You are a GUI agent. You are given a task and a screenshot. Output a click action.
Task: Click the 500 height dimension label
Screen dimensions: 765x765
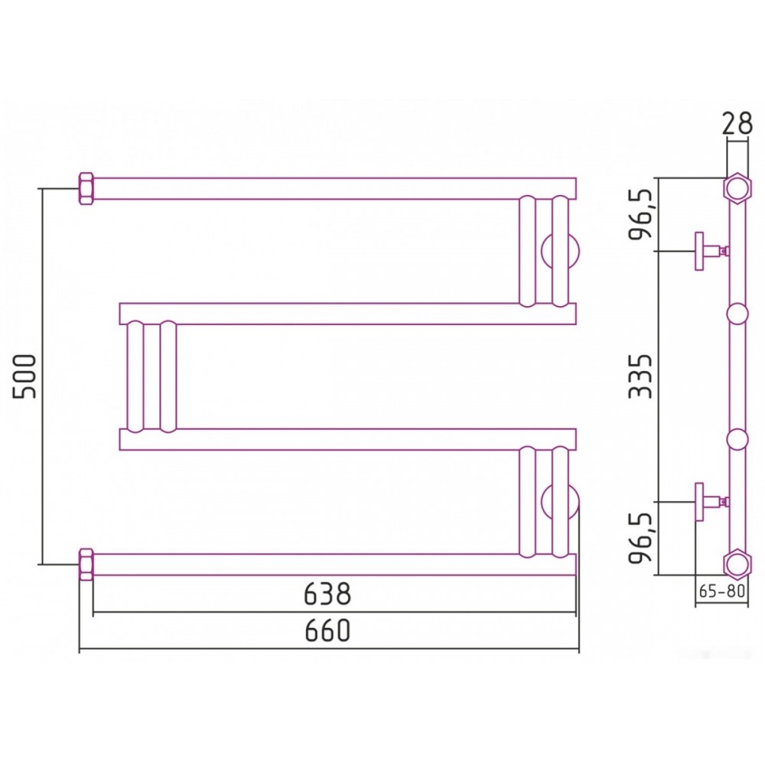pos(24,376)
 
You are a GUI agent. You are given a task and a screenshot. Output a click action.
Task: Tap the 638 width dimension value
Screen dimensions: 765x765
pos(327,594)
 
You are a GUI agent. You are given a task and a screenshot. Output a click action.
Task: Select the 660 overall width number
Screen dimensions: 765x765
pos(328,630)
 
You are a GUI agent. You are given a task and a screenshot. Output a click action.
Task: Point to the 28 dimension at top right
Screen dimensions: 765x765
pos(737,124)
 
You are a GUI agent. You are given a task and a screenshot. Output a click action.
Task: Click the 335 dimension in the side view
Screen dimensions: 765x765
pos(640,376)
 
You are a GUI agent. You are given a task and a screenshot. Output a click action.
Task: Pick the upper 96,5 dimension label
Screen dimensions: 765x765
pos(640,213)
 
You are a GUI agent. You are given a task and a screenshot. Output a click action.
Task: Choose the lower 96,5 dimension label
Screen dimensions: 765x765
pos(640,538)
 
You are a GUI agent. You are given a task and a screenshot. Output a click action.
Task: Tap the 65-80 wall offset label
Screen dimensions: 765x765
pos(721,591)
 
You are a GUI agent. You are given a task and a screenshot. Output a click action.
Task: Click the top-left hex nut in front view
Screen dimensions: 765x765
pos(86,188)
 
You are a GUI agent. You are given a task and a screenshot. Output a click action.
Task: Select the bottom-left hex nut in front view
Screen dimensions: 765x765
pos(86,565)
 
